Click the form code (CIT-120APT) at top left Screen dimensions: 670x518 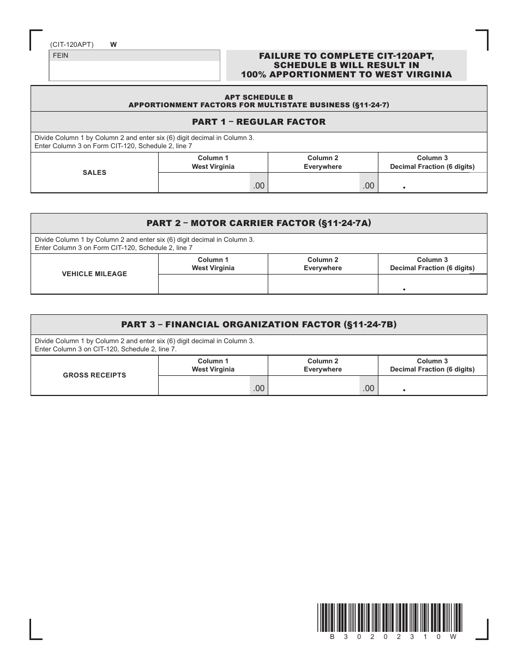71,45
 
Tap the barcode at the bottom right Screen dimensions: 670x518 389,617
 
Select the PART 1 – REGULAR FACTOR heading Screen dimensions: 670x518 258,122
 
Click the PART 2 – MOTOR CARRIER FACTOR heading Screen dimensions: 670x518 258,223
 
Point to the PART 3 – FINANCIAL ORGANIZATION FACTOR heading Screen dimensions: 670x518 258,325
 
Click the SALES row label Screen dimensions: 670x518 94,173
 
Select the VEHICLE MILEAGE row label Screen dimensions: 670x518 94,274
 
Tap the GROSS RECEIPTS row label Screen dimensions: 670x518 94,375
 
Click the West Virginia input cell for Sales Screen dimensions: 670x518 204,183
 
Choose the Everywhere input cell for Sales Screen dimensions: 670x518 314,183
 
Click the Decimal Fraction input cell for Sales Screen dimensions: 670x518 432,183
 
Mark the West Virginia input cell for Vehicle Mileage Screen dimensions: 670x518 213,284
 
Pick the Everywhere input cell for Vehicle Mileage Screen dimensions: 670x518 323,284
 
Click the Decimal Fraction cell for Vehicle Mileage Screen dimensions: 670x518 432,284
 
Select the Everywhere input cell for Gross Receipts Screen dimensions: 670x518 314,386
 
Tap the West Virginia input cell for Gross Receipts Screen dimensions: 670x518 204,386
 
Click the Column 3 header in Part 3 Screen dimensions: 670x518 432,365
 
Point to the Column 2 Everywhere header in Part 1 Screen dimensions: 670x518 323,162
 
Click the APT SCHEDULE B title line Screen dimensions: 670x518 258,97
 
